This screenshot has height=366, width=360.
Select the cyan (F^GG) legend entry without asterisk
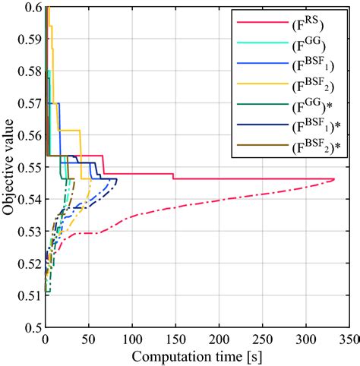tap(308, 46)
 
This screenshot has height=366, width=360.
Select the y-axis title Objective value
tap(9, 166)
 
